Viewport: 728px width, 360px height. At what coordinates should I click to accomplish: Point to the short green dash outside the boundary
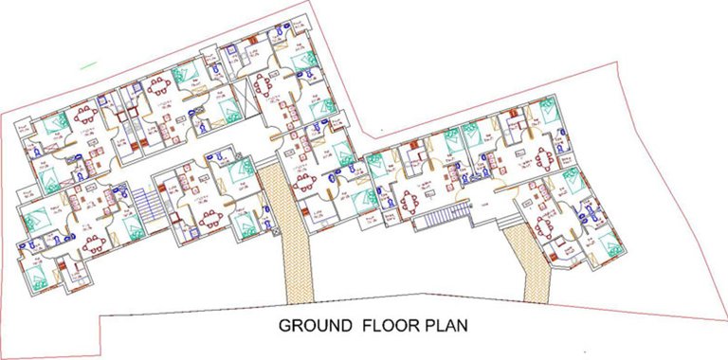click(89, 64)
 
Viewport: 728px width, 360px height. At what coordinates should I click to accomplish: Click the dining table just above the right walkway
click(546, 226)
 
